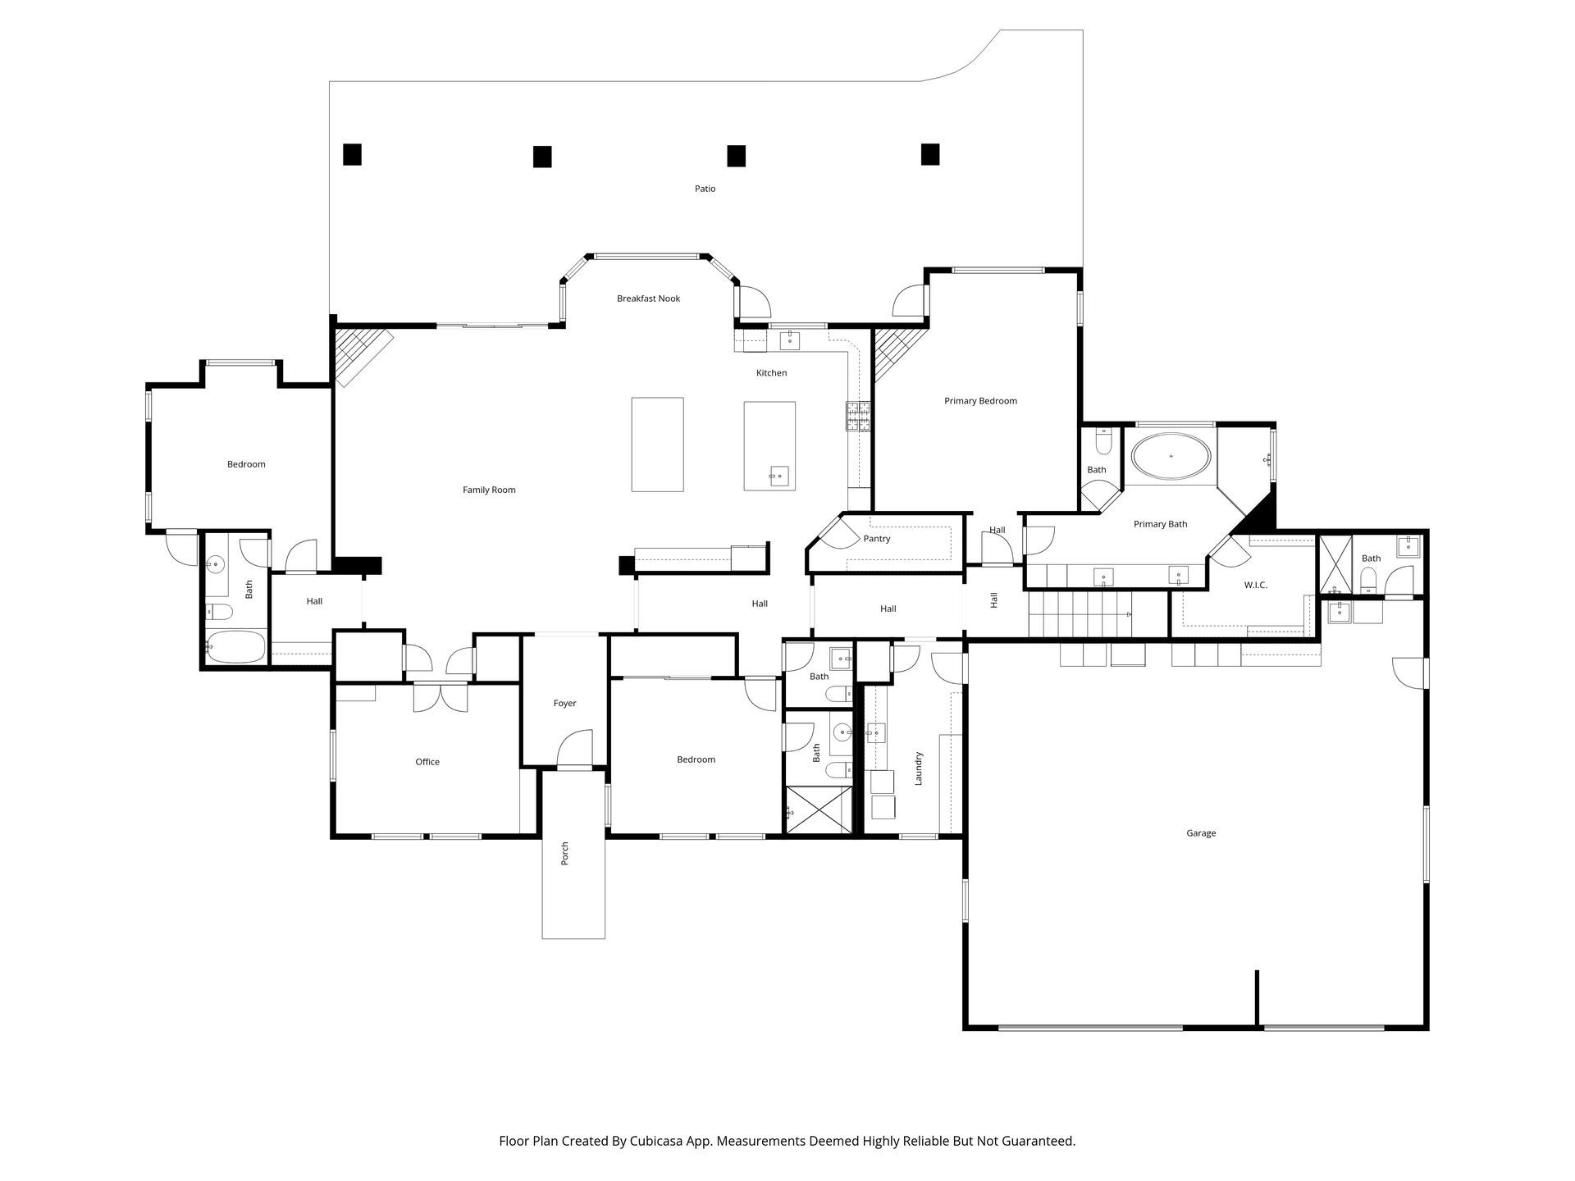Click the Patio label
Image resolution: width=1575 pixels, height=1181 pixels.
click(x=705, y=189)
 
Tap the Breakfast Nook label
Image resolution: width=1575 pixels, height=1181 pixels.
click(x=648, y=299)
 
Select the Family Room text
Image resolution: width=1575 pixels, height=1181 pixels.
click(x=489, y=490)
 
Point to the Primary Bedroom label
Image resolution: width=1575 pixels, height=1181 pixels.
click(x=980, y=401)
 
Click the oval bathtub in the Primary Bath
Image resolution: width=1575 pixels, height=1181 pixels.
click(x=1171, y=456)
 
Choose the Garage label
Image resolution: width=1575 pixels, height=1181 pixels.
click(x=1201, y=833)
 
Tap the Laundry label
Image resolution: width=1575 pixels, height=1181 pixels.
click(x=919, y=768)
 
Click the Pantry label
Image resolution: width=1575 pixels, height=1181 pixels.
click(x=877, y=539)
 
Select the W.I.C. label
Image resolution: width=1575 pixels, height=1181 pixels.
click(x=1255, y=585)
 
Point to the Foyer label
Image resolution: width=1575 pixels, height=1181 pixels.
click(x=564, y=704)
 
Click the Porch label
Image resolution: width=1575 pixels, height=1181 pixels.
click(x=564, y=854)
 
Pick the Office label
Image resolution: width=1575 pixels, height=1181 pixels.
click(x=427, y=762)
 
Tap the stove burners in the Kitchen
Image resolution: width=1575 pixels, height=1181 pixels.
click(x=858, y=417)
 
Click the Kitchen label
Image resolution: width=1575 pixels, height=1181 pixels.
click(x=771, y=373)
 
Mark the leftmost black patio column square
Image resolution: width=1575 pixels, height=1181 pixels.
click(x=352, y=154)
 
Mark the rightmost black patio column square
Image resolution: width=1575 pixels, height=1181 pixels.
click(x=929, y=154)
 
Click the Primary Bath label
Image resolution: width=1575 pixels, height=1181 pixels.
click(x=1160, y=524)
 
